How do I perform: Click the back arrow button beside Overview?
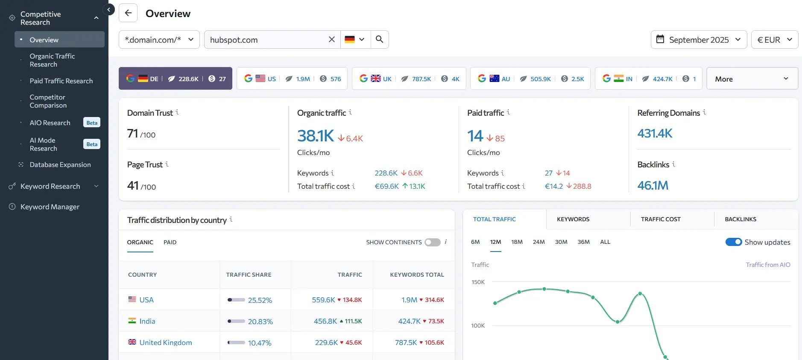128,13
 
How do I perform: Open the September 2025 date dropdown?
699,40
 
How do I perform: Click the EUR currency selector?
774,40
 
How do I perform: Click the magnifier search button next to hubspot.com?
379,39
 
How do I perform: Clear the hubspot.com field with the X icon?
331,39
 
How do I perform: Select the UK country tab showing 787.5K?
409,79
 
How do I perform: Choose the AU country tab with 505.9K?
530,79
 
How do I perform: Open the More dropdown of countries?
752,79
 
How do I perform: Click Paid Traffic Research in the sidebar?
61,81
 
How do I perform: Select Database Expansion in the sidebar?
60,164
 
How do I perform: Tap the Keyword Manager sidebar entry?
50,207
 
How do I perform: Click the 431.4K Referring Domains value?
654,133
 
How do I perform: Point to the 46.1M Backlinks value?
653,185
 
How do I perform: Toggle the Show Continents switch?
432,242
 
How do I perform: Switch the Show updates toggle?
733,242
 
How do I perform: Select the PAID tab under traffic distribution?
170,242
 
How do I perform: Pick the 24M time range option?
539,242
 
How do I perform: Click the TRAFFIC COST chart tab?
660,219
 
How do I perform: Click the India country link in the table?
147,321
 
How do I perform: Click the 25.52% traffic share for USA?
260,300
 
